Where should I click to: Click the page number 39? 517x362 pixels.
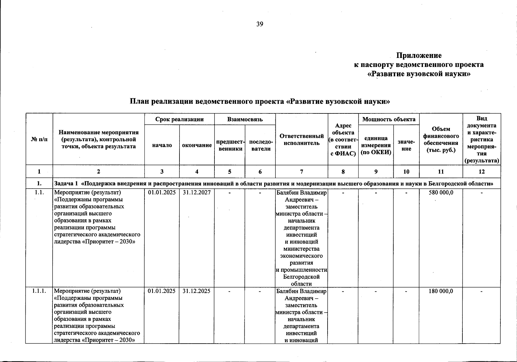[260, 24]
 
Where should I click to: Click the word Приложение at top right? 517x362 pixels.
[419, 56]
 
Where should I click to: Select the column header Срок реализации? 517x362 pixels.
[179, 119]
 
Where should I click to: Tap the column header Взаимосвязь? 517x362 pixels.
[245, 119]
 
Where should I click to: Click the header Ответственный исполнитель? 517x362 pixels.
[302, 139]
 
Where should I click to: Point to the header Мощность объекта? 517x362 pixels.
[389, 119]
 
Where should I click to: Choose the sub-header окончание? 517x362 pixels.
[197, 145]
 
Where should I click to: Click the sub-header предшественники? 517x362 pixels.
[230, 145]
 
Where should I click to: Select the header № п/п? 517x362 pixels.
[39, 139]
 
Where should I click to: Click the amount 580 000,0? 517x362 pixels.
[441, 192]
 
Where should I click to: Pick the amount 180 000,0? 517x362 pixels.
[441, 291]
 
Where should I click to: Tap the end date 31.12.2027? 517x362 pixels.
[197, 192]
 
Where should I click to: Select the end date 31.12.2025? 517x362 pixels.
[197, 291]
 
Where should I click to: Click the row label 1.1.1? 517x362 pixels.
[39, 291]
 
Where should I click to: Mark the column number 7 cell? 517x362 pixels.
[302, 172]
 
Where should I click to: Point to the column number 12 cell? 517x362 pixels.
[482, 172]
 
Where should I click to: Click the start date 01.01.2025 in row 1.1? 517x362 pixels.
[162, 192]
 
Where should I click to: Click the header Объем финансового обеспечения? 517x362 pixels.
[441, 139]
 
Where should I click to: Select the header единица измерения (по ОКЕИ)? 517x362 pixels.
[376, 145]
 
